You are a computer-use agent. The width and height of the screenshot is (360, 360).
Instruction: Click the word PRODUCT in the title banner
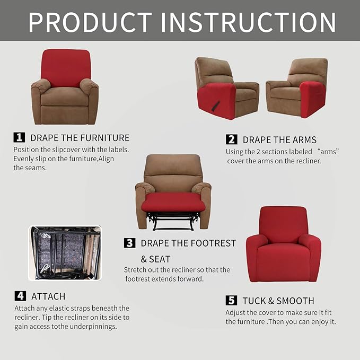(x=90, y=22)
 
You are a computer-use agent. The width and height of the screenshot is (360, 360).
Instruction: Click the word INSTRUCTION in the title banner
(x=248, y=22)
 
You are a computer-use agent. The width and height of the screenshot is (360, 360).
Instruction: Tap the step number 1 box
(x=19, y=137)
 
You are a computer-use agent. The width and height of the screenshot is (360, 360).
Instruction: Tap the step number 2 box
(x=231, y=139)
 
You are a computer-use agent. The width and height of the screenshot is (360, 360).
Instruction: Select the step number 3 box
(x=129, y=243)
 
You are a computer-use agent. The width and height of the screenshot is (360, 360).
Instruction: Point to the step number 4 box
(x=20, y=296)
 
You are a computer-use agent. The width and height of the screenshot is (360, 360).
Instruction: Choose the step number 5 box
(x=231, y=301)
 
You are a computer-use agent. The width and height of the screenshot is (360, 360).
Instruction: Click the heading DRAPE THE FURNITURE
(x=80, y=138)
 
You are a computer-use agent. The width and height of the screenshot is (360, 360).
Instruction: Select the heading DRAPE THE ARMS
(x=279, y=140)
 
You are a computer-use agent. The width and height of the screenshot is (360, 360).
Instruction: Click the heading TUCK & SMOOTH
(x=278, y=301)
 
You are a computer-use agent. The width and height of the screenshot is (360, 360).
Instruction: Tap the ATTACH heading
(x=48, y=296)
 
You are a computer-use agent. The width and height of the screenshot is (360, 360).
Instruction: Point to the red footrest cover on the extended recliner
(x=173, y=202)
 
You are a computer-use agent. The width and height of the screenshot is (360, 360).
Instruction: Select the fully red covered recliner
(x=283, y=244)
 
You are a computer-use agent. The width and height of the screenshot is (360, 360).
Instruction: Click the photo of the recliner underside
(x=64, y=253)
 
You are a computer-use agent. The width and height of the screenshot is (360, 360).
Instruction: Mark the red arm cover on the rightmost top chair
(x=312, y=99)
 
